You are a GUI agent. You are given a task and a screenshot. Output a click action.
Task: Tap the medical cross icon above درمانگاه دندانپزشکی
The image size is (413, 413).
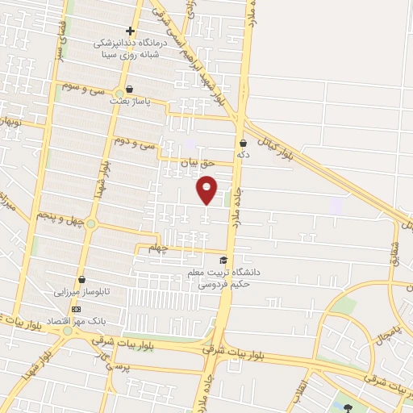[x=130, y=31]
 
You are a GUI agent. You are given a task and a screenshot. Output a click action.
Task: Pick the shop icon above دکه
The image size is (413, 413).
[x=243, y=142]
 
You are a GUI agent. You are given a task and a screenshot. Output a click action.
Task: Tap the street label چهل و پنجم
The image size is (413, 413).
[x=58, y=217]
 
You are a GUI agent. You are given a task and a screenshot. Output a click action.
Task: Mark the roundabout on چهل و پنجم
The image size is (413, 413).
[x=91, y=223]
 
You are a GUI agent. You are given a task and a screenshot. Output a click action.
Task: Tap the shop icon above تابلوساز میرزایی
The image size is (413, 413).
[x=81, y=279]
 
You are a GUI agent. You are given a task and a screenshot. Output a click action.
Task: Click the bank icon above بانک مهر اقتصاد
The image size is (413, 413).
[x=76, y=309]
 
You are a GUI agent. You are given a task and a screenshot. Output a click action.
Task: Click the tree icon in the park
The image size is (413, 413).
[x=347, y=407]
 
